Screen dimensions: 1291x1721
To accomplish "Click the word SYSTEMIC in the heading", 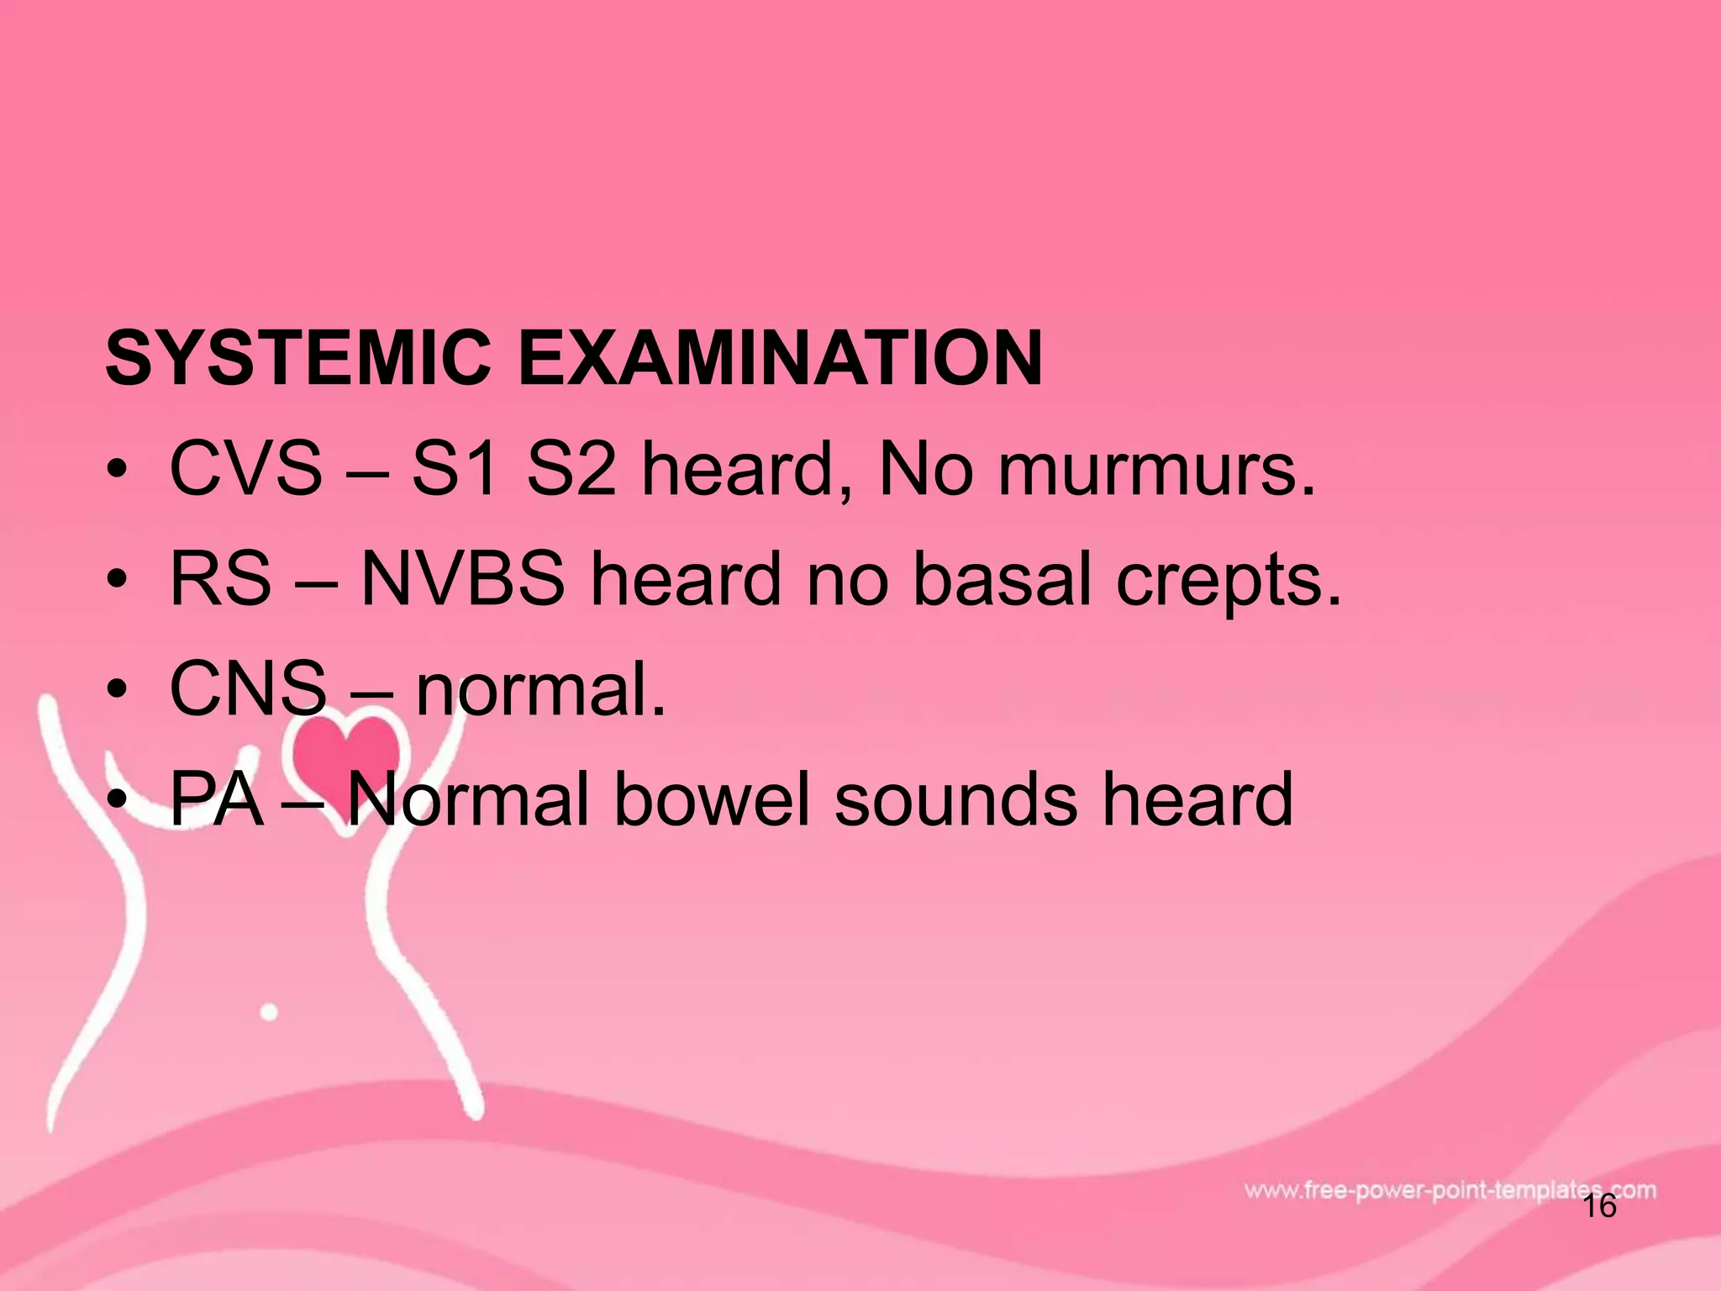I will [297, 359].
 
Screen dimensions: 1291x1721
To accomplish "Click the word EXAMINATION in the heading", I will [780, 359].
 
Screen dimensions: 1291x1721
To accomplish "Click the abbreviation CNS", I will [248, 689].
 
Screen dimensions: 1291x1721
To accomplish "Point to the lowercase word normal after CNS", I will [541, 689].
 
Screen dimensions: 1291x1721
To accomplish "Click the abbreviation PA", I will [216, 799].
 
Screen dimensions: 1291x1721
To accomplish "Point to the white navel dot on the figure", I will [269, 1012].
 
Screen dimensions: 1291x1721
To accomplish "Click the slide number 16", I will [1599, 1207].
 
